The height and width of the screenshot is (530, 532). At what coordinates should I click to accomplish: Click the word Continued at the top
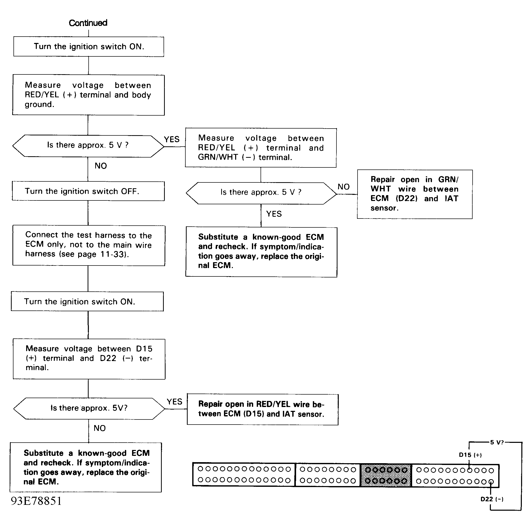88,23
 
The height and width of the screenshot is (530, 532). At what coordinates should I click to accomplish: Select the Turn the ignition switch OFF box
88,191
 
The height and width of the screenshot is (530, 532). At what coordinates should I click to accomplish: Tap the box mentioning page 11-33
89,245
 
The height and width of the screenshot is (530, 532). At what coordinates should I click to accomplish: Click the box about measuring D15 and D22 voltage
89,359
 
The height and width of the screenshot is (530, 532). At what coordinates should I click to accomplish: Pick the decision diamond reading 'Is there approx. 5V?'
89,408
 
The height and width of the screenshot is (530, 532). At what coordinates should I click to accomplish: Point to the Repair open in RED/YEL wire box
262,409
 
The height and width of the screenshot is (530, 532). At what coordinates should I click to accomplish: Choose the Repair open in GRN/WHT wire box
415,194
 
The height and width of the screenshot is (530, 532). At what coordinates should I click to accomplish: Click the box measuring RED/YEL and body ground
88,95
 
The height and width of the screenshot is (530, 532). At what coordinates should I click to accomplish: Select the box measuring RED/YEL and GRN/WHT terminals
261,148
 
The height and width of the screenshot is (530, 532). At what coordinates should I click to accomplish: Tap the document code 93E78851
36,501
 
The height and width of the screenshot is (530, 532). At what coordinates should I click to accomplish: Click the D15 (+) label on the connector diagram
470,455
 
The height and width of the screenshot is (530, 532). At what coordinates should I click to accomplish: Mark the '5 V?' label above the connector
497,442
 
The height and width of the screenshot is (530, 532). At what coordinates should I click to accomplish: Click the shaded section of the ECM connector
386,475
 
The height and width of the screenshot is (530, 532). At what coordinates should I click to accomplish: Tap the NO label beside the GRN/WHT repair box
343,187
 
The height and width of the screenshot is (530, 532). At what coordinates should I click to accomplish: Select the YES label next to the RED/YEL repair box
174,402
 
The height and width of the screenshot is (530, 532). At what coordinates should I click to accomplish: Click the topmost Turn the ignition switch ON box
89,46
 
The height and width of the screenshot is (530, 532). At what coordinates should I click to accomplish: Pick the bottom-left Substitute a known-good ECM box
86,467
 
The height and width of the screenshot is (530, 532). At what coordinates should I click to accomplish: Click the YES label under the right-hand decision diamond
274,214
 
